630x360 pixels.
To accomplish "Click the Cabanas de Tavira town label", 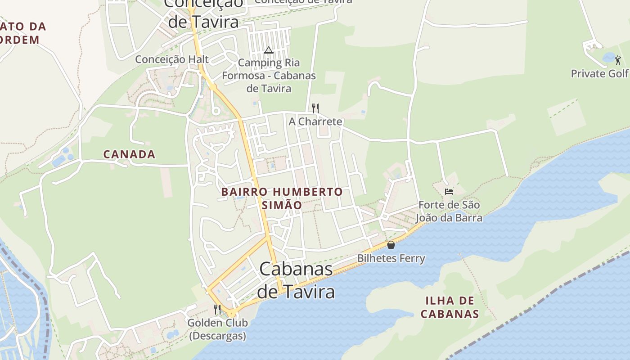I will click(296, 280).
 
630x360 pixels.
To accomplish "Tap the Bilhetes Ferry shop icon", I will click(391, 245).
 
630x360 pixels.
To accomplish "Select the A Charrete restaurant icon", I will click(315, 108).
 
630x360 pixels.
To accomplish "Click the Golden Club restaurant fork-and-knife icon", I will click(217, 309).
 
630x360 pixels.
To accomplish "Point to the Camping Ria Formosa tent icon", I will click(269, 50).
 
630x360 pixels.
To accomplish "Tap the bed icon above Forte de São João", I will click(449, 192).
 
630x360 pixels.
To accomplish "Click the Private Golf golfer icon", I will click(618, 60).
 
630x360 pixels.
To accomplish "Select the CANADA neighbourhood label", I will click(130, 154).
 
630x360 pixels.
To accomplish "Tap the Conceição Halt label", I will click(172, 59).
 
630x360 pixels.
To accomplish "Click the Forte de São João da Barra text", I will click(449, 211).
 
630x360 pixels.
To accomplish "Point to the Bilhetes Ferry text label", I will click(391, 258).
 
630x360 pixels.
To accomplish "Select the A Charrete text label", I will click(315, 121).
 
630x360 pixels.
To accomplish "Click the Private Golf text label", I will click(599, 74).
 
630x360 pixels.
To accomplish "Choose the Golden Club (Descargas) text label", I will click(217, 329).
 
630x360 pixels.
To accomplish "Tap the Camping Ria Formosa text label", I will click(269, 76).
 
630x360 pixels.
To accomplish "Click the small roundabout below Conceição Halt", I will click(216, 111).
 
